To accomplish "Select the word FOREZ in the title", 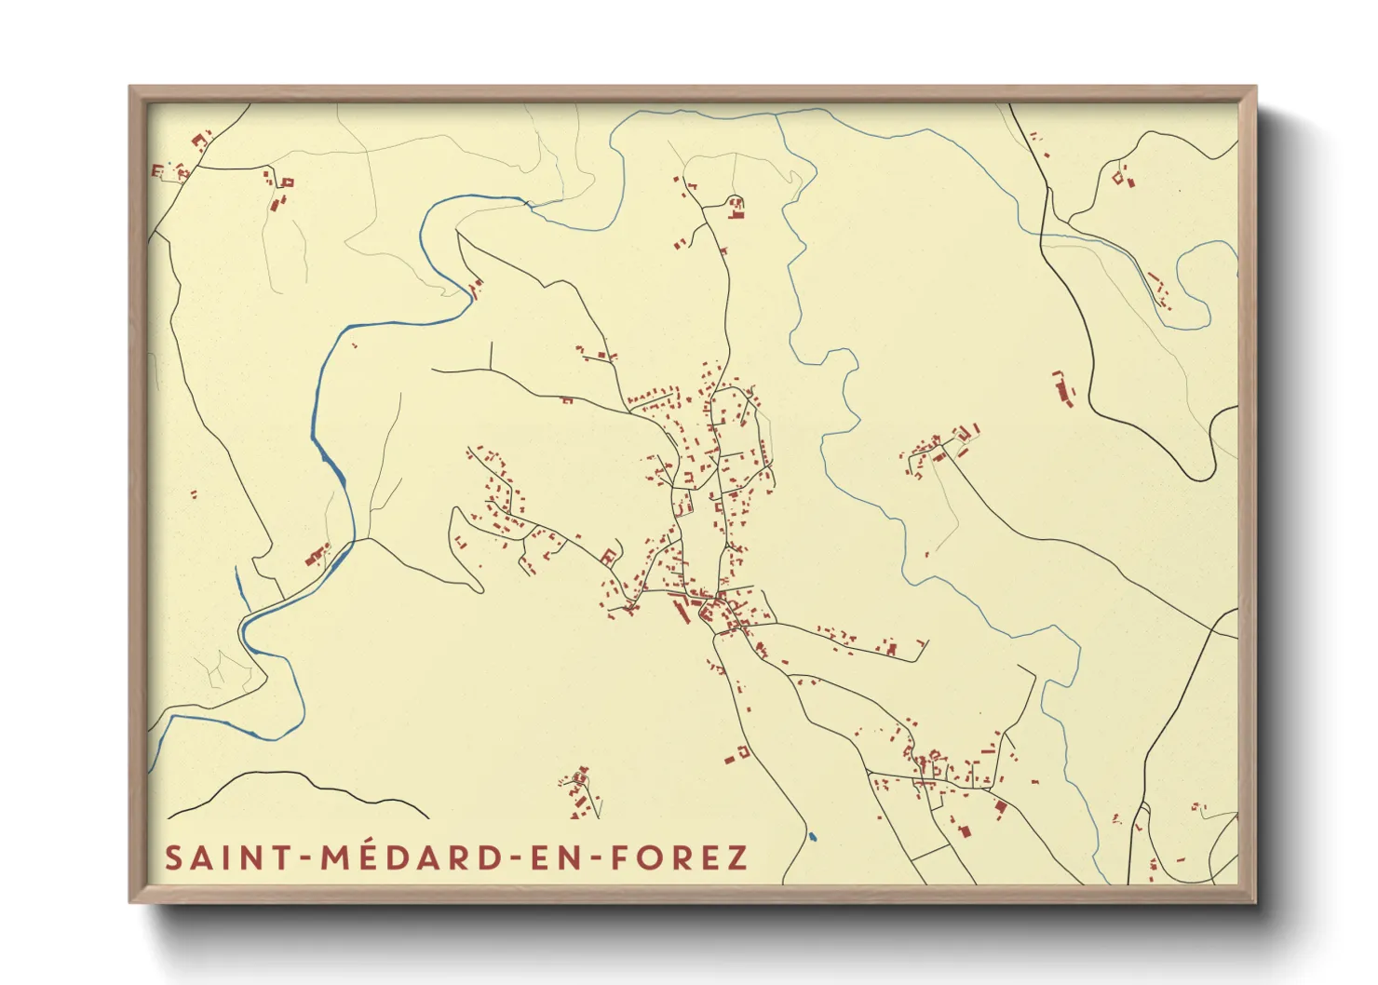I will tap(679, 857).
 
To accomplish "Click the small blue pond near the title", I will tap(812, 836).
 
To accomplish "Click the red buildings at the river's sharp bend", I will tap(476, 289).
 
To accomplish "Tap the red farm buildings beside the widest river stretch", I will tap(317, 556).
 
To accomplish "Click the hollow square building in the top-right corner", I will tap(1119, 176).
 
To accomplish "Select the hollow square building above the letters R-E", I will tap(743, 750).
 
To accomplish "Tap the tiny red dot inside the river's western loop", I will tap(355, 345).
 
